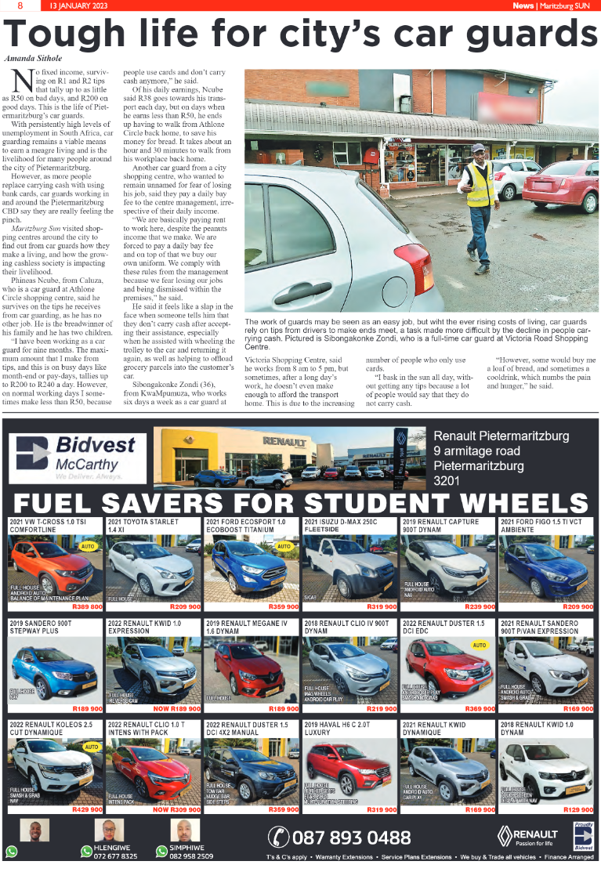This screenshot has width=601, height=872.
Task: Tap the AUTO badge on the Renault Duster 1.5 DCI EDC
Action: click(479, 646)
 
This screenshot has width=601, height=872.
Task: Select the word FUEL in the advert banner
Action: click(55, 504)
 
